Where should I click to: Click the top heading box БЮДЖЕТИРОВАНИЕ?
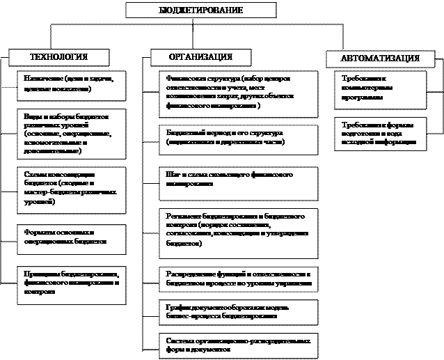(200, 10)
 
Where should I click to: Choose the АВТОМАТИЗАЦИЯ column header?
(380, 59)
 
